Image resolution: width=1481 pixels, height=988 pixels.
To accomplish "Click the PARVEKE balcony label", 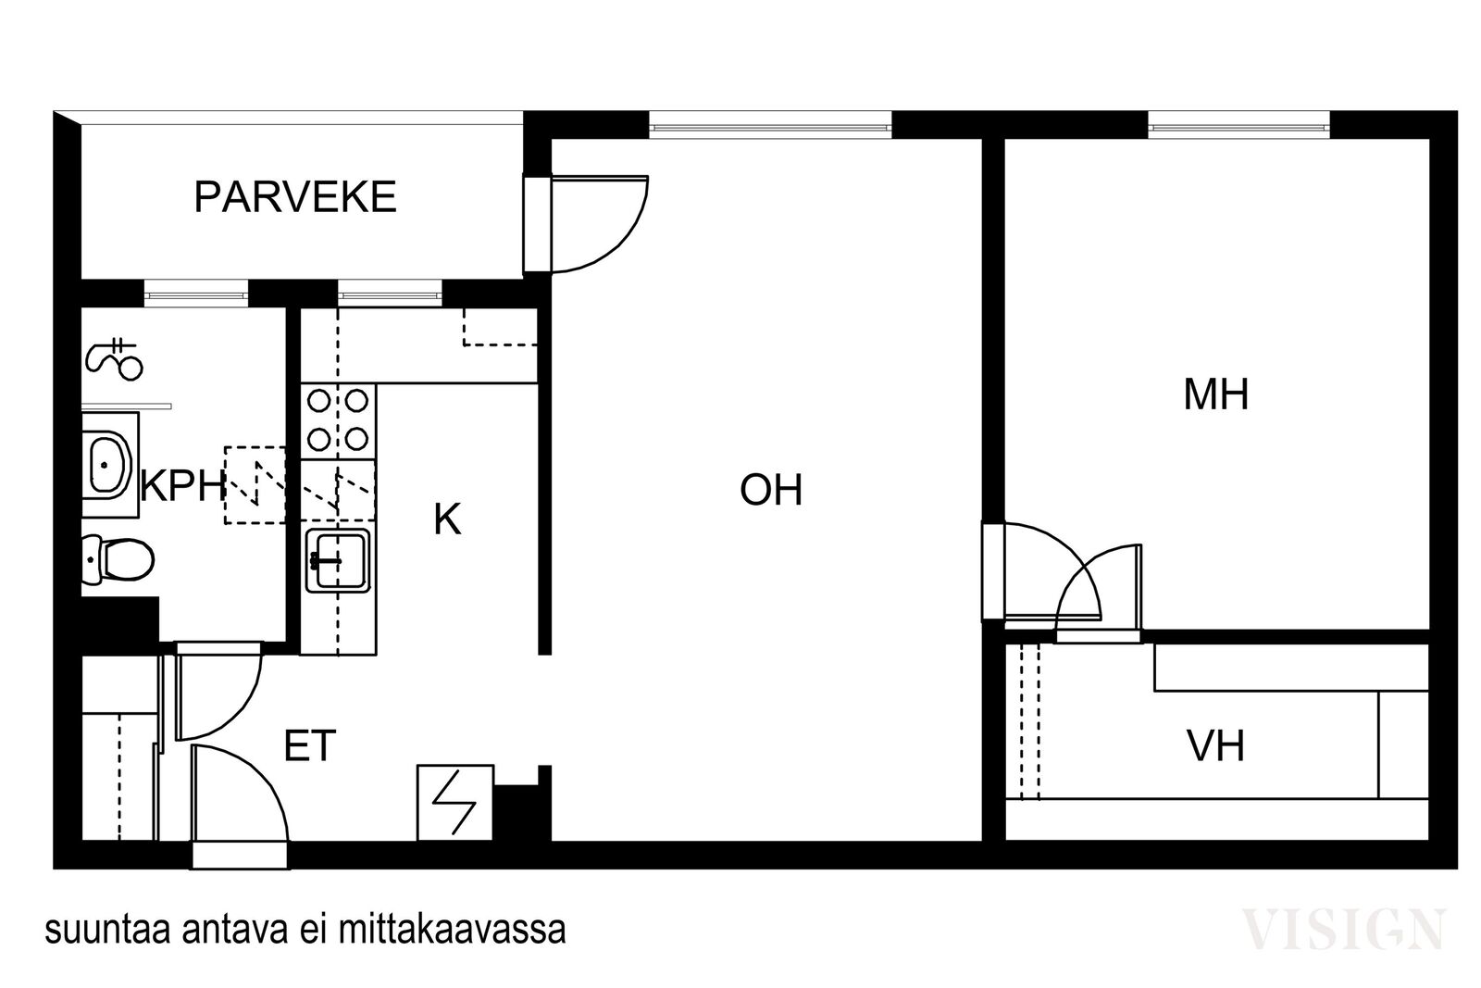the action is tap(295, 196).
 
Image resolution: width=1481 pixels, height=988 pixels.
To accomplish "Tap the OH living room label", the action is tap(771, 490).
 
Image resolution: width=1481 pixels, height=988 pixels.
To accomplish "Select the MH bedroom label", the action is tap(1216, 394).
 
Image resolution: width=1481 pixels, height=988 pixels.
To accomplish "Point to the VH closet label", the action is tap(1216, 746).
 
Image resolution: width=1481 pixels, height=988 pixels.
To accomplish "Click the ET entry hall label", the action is tap(310, 745).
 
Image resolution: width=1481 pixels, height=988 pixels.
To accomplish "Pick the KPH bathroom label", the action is tap(183, 486).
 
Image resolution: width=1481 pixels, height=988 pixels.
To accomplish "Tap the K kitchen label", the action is tap(447, 519).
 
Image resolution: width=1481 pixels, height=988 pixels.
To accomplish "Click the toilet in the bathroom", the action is tap(118, 559).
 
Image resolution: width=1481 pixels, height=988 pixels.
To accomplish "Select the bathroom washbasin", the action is tap(110, 465).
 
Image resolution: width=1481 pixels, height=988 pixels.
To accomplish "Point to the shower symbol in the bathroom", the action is tap(114, 359).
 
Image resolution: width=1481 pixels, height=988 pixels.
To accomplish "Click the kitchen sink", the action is tap(338, 559).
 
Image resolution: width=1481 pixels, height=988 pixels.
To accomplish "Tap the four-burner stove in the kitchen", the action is tap(339, 420).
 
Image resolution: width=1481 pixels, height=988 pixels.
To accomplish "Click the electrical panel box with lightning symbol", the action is tap(454, 802).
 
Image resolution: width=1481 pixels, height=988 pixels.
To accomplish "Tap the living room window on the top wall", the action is tap(770, 125).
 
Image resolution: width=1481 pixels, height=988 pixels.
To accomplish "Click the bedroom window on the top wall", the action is tap(1238, 125).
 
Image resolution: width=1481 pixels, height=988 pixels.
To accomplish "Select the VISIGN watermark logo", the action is tap(1343, 929).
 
